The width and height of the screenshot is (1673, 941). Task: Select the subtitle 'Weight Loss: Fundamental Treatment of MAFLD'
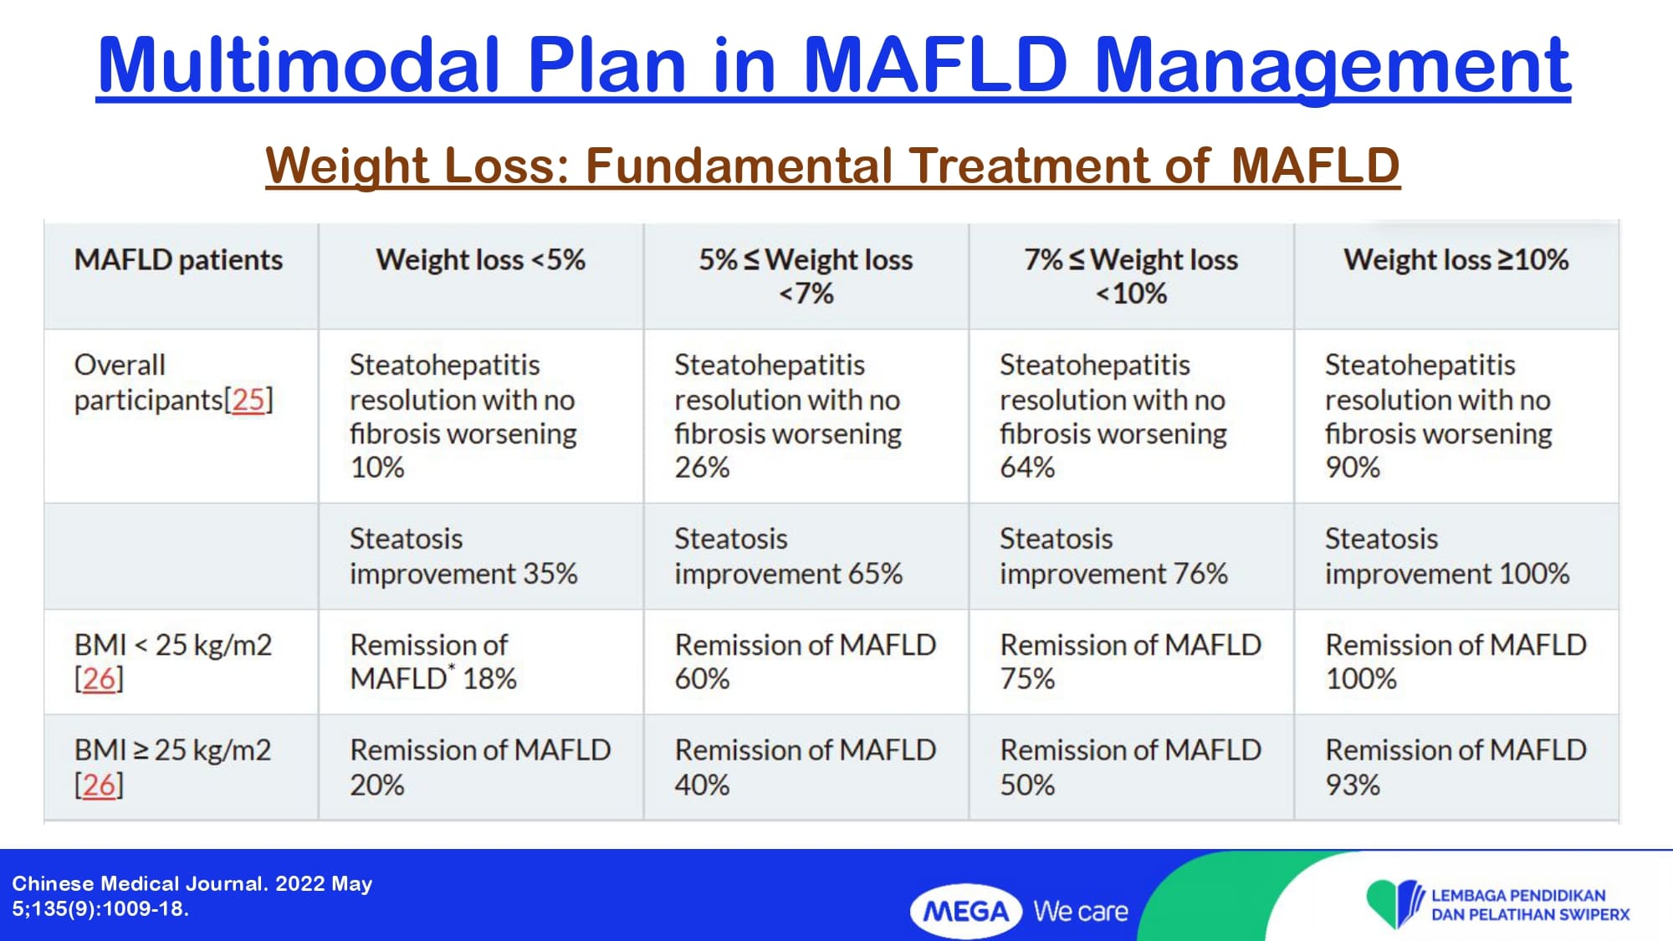pyautogui.click(x=833, y=165)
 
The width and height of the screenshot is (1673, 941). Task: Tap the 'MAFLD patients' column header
pyautogui.click(x=178, y=260)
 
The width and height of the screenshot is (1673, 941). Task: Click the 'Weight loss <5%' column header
pyautogui.click(x=480, y=260)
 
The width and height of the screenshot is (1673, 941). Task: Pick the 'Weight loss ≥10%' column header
pyautogui.click(x=1456, y=260)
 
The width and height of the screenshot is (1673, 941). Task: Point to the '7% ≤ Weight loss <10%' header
pyautogui.click(x=1131, y=277)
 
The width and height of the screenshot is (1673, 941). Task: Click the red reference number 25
pyautogui.click(x=248, y=400)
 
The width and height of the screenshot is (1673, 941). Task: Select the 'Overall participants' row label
pyautogui.click(x=173, y=382)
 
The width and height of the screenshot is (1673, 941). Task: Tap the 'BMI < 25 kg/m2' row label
pyautogui.click(x=173, y=662)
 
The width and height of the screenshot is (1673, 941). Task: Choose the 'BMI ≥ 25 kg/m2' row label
pyautogui.click(x=173, y=767)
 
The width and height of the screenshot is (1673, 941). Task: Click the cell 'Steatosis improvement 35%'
pyautogui.click(x=463, y=556)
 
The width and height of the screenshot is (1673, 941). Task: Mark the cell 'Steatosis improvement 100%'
pyautogui.click(x=1447, y=556)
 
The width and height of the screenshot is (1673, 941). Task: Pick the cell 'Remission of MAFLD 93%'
pyautogui.click(x=1456, y=767)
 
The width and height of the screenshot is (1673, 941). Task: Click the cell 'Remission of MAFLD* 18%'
pyautogui.click(x=433, y=662)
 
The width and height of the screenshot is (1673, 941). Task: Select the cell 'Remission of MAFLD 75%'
pyautogui.click(x=1131, y=662)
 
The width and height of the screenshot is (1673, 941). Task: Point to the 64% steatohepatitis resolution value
pyautogui.click(x=1027, y=468)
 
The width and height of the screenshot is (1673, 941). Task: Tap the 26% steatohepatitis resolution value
pyautogui.click(x=702, y=468)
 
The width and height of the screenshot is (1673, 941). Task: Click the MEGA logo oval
pyautogui.click(x=966, y=911)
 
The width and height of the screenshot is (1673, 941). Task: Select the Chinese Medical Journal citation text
pyautogui.click(x=192, y=896)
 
